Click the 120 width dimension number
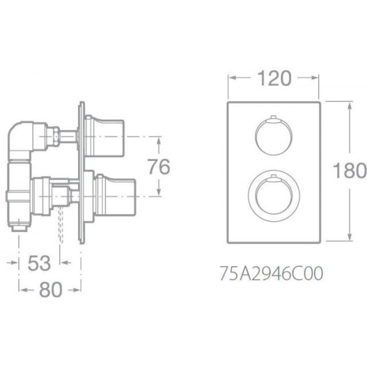click(274, 78)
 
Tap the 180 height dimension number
click(350, 170)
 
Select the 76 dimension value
click(159, 167)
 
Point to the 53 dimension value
click(39, 263)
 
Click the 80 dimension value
click(50, 289)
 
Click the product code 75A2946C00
click(272, 273)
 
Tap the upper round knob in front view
click(273, 136)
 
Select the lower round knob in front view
click(273, 196)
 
